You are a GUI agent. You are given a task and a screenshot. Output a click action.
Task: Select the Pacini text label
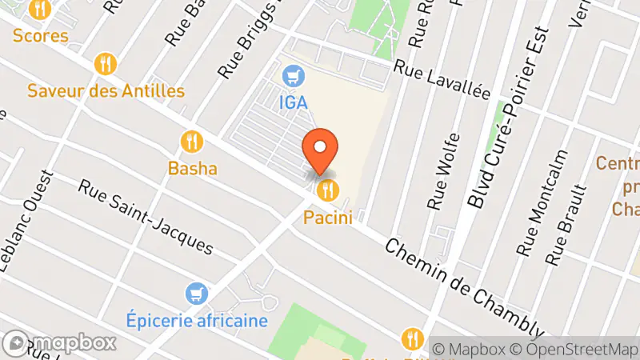[328, 217]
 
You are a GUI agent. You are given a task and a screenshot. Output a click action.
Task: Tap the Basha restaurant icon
[191, 142]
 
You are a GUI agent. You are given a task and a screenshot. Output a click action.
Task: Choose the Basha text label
[192, 169]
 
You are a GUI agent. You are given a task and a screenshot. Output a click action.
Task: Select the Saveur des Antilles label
[106, 90]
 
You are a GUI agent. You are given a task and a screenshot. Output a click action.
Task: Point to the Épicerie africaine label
[197, 321]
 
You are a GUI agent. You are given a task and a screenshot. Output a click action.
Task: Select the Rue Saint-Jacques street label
[146, 216]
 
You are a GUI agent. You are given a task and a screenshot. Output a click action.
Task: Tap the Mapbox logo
[60, 342]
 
